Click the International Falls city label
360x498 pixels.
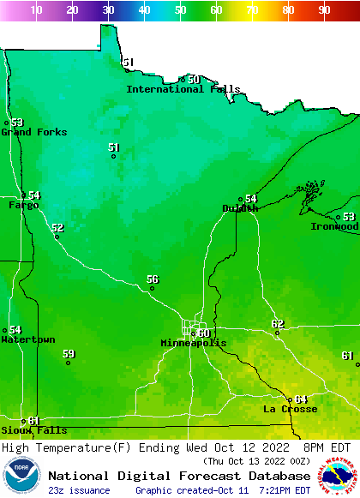click(x=183, y=89)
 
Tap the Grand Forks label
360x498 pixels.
click(x=27, y=132)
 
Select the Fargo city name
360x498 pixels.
click(x=23, y=206)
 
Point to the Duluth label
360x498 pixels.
click(x=240, y=208)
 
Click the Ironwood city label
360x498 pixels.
click(x=335, y=226)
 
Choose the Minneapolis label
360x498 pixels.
click(x=194, y=343)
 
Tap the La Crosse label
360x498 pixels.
click(x=290, y=409)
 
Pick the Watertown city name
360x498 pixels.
click(x=27, y=339)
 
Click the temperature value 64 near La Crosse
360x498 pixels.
click(x=301, y=399)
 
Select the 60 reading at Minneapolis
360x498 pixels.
click(x=204, y=333)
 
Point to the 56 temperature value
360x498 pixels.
click(x=153, y=279)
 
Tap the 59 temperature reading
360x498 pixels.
click(x=69, y=353)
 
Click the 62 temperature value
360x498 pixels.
click(x=278, y=323)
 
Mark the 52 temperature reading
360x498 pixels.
click(x=57, y=228)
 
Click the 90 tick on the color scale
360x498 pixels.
click(x=324, y=10)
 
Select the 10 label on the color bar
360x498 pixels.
click(x=36, y=10)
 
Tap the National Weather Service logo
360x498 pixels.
click(x=339, y=477)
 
